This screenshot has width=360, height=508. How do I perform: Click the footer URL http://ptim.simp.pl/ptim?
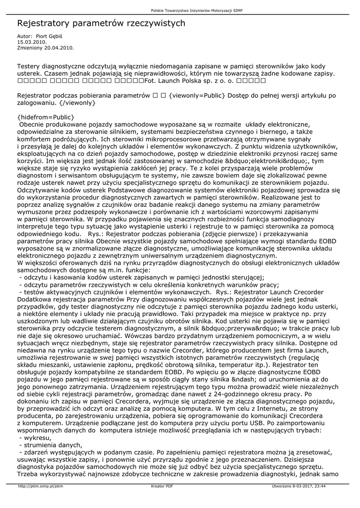coord(40,487)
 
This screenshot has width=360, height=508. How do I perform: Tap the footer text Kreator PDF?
coord(162,487)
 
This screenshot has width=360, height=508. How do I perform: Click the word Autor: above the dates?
coord(24,37)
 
